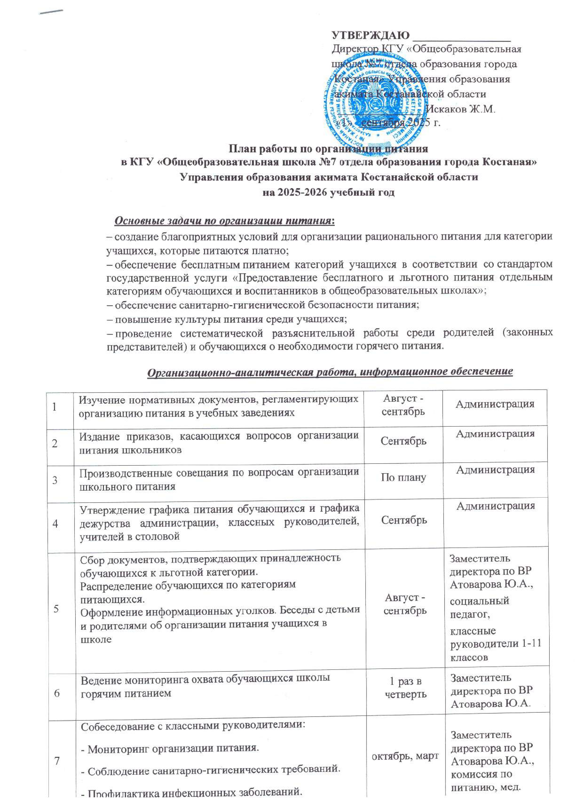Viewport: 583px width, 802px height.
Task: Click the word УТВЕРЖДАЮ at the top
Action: coord(370,35)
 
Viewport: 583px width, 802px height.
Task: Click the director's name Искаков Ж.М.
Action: coord(460,109)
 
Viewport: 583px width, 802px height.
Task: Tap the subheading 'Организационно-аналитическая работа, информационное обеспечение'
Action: coord(329,372)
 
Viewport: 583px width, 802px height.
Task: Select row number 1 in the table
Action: coord(55,407)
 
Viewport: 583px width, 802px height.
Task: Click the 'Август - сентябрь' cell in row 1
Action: coord(403,405)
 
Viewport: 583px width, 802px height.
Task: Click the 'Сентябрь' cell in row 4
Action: coord(404,520)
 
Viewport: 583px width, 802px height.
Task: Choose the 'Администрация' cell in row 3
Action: coord(495,470)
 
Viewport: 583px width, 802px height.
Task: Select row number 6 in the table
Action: coord(57,693)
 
